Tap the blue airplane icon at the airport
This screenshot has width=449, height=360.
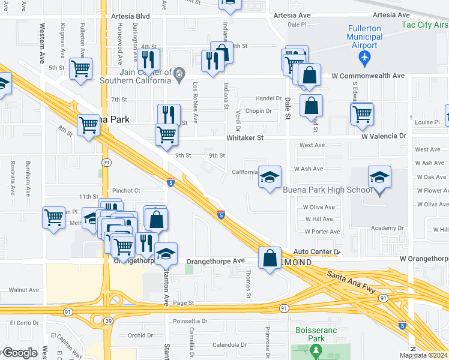364,58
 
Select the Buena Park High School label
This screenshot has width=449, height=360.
328,190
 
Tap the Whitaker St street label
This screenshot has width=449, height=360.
245,138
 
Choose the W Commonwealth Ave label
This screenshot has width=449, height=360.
368,76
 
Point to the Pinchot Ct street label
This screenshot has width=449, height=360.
125,190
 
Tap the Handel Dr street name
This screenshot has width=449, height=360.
268,98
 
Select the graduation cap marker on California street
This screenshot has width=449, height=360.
270,177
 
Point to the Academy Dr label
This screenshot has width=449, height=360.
387,228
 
